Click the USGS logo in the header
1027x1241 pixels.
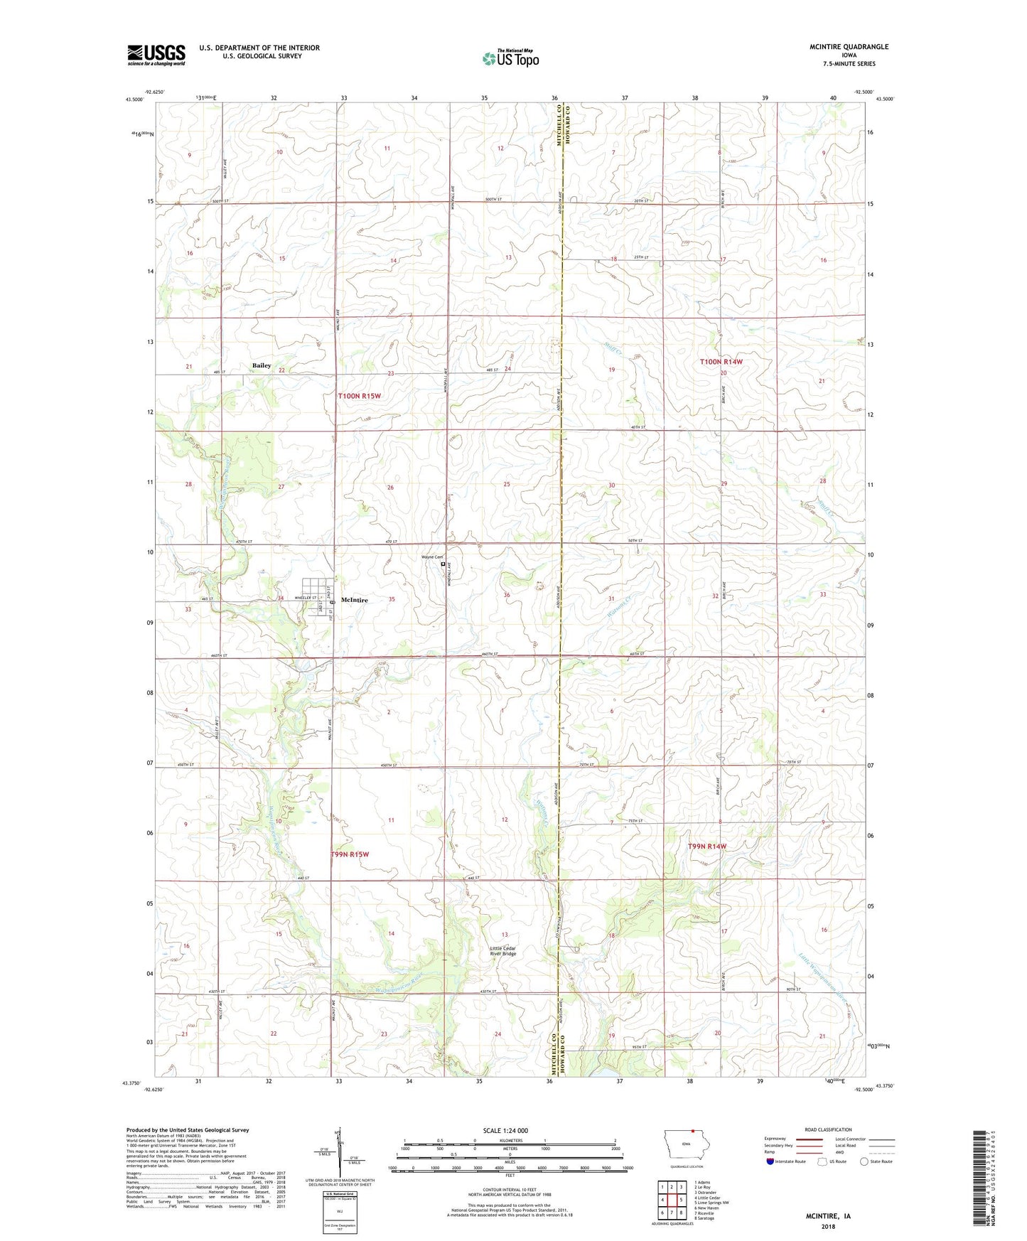tap(156, 55)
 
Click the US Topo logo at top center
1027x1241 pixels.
tap(510, 59)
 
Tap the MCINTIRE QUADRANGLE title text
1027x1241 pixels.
tap(849, 47)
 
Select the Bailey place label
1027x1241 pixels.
tap(262, 365)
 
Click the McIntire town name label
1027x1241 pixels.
tap(355, 600)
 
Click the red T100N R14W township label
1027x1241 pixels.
tap(721, 362)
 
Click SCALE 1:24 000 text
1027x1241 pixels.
tap(505, 1130)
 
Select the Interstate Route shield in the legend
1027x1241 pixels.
tap(771, 1161)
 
